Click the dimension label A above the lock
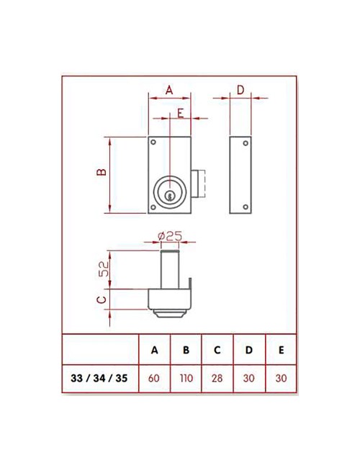pyautogui.click(x=169, y=89)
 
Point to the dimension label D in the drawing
pyautogui.click(x=240, y=89)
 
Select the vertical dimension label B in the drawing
pyautogui.click(x=102, y=172)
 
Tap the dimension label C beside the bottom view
pyautogui.click(x=102, y=297)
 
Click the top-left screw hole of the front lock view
pyautogui.click(x=153, y=142)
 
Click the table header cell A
pyautogui.click(x=154, y=351)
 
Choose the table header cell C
pyautogui.click(x=217, y=351)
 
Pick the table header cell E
pyautogui.click(x=281, y=351)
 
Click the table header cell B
pyautogui.click(x=186, y=351)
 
